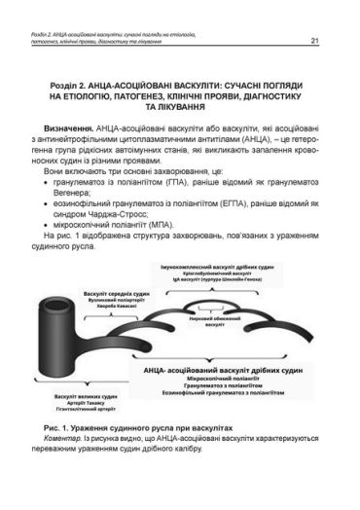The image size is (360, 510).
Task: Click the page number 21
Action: (x=331, y=41)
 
